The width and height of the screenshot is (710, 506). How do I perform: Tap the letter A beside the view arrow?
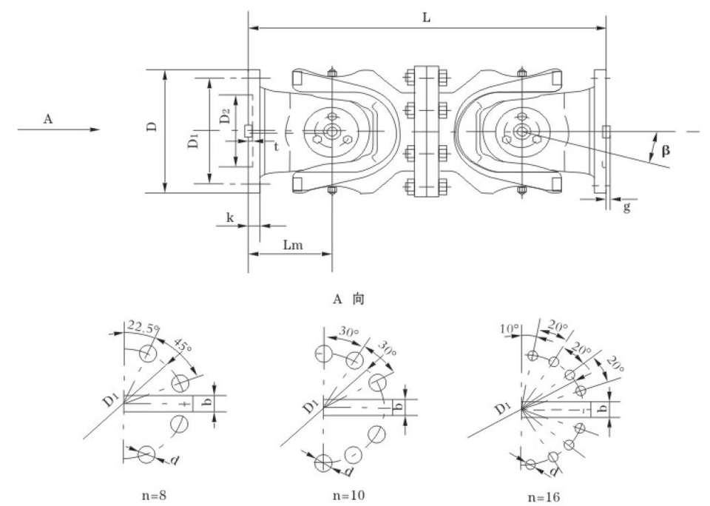[x=48, y=118]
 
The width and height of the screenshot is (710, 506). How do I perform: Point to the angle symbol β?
[x=666, y=150]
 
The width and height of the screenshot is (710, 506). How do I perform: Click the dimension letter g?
[x=626, y=208]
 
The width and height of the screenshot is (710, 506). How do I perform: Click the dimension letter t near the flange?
[x=276, y=146]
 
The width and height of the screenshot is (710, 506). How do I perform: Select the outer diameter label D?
[x=152, y=127]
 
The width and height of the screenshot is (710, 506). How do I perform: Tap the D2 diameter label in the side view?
[x=225, y=116]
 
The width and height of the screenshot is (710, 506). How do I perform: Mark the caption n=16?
[x=543, y=494]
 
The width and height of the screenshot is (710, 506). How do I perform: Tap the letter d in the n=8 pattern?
[x=175, y=460]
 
